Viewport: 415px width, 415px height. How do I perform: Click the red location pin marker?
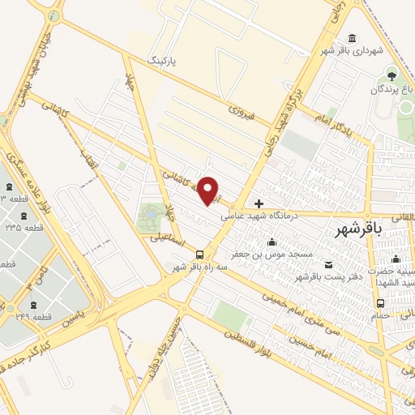(x=209, y=190)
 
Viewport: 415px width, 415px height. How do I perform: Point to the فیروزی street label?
(x=242, y=112)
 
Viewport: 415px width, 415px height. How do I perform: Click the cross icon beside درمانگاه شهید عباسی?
(x=259, y=203)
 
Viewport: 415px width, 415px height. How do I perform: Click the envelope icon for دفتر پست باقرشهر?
(x=327, y=265)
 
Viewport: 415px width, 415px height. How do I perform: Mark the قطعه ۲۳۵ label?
(x=24, y=229)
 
